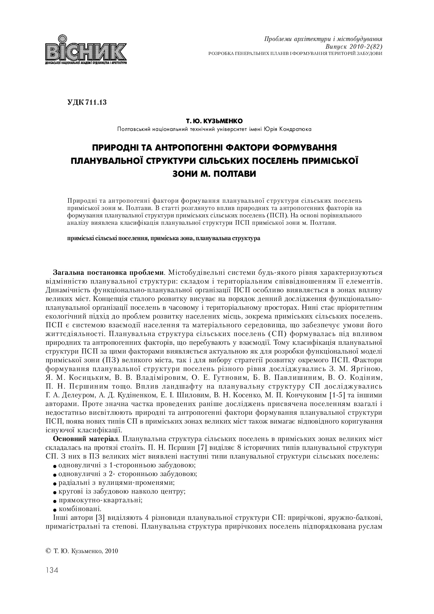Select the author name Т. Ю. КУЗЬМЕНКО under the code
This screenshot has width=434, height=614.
[x=214, y=121]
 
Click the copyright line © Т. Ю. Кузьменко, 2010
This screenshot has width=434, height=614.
[x=82, y=551]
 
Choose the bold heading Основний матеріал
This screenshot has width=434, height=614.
[x=86, y=439]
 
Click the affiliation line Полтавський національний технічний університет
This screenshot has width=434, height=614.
[x=214, y=129]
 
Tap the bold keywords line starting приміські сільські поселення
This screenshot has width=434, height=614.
[x=164, y=238]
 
